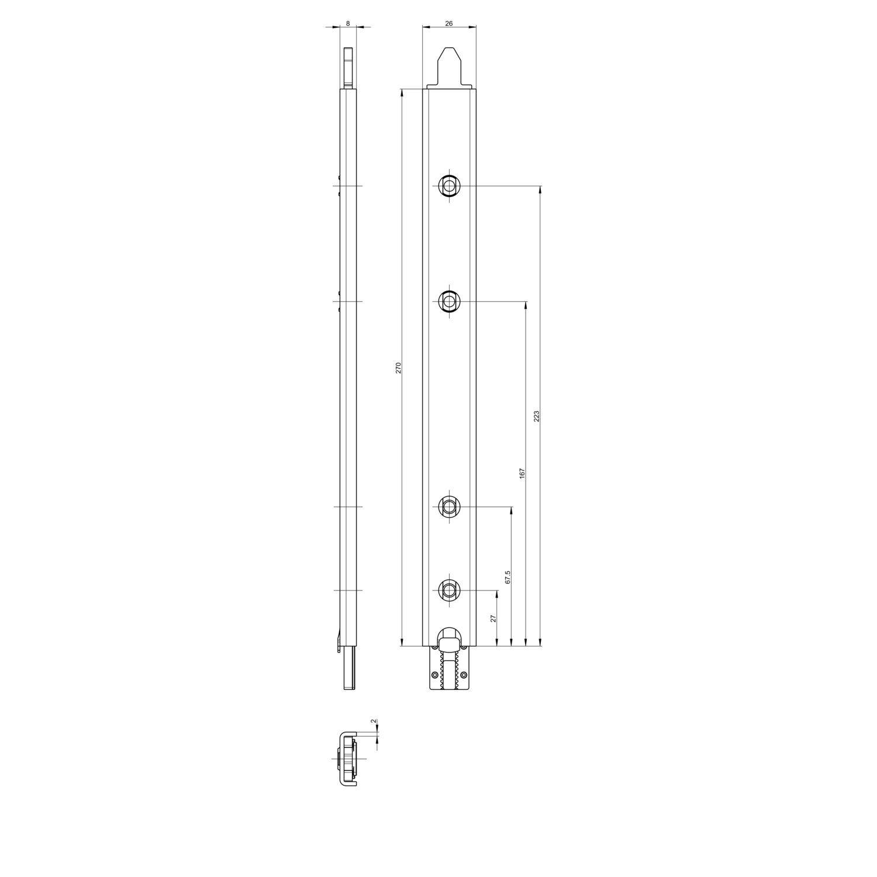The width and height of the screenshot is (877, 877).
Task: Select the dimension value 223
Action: (536, 416)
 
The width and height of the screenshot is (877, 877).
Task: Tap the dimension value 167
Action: (522, 473)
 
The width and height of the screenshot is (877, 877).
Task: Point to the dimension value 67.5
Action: (507, 577)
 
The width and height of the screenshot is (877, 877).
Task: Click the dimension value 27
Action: (493, 618)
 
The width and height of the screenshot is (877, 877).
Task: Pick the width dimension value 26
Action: (449, 23)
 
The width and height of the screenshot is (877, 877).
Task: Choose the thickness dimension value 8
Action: (348, 23)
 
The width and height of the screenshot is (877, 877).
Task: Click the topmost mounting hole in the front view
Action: (449, 186)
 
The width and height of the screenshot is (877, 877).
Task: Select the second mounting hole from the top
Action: (449, 302)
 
